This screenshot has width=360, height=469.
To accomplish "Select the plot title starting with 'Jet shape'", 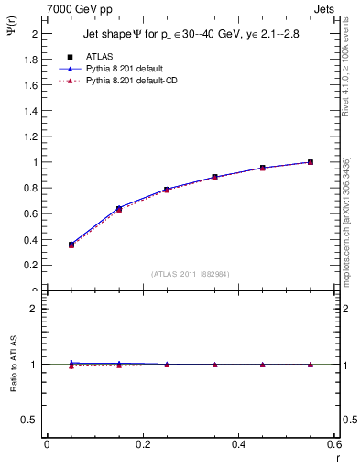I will pyautogui.click(x=191, y=33).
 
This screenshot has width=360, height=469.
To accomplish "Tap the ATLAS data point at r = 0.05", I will pyautogui.click(x=71, y=245).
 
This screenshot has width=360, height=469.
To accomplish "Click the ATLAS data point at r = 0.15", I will pyautogui.click(x=118, y=209).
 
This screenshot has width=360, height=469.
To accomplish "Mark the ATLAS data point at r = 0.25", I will pyautogui.click(x=166, y=190).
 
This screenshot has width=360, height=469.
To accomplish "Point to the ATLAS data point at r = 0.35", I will pyautogui.click(x=214, y=177).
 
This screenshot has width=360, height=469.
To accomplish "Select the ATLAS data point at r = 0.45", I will pyautogui.click(x=262, y=168).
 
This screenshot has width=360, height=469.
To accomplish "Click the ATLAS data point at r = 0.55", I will pyautogui.click(x=310, y=162).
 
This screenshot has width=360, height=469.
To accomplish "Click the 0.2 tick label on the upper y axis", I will pyautogui.click(x=33, y=266).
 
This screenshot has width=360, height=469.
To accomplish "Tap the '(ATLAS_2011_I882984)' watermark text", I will pyautogui.click(x=191, y=273).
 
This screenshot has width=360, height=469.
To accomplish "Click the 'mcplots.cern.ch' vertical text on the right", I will pyautogui.click(x=347, y=229).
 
